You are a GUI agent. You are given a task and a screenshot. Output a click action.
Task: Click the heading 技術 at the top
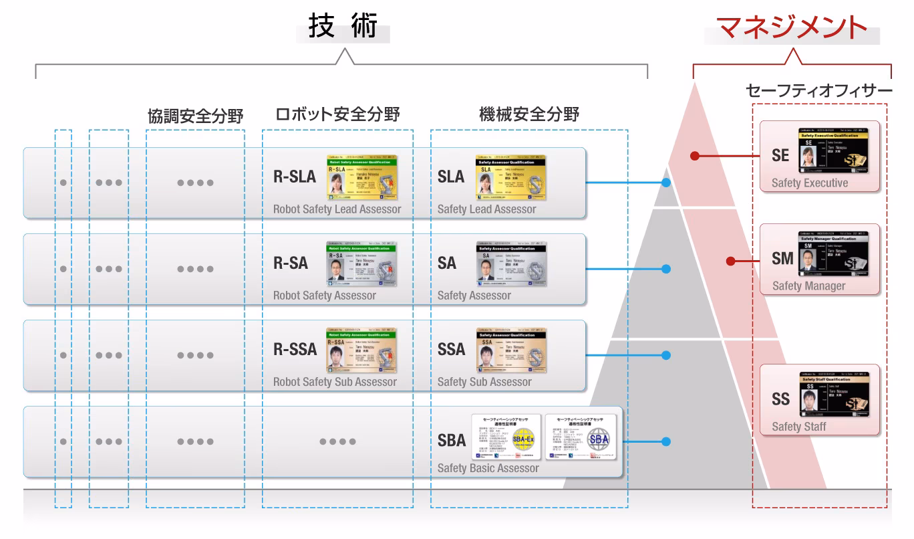(x=343, y=27)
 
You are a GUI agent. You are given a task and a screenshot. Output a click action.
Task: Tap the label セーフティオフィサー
(x=818, y=90)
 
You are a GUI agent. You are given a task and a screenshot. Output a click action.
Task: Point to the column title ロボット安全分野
(x=337, y=114)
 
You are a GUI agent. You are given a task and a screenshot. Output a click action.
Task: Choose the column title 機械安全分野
(x=529, y=114)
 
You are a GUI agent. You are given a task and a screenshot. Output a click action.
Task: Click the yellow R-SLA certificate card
(x=362, y=178)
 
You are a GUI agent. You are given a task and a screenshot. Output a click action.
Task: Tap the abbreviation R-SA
(x=291, y=263)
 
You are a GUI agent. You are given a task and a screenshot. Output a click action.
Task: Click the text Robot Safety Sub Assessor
(x=335, y=382)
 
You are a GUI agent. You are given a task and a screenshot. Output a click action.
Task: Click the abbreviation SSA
(x=451, y=349)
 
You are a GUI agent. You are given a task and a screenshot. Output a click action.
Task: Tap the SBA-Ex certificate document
(x=506, y=437)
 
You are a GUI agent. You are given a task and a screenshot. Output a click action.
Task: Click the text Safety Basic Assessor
(x=488, y=468)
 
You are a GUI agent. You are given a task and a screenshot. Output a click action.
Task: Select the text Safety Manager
(x=808, y=286)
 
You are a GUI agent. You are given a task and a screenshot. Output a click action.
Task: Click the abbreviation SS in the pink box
(x=780, y=399)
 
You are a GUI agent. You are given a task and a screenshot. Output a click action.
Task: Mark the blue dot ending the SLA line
(x=665, y=183)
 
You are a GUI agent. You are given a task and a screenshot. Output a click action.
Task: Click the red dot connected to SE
(x=695, y=156)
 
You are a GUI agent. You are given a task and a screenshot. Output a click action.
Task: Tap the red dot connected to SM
(x=731, y=261)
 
